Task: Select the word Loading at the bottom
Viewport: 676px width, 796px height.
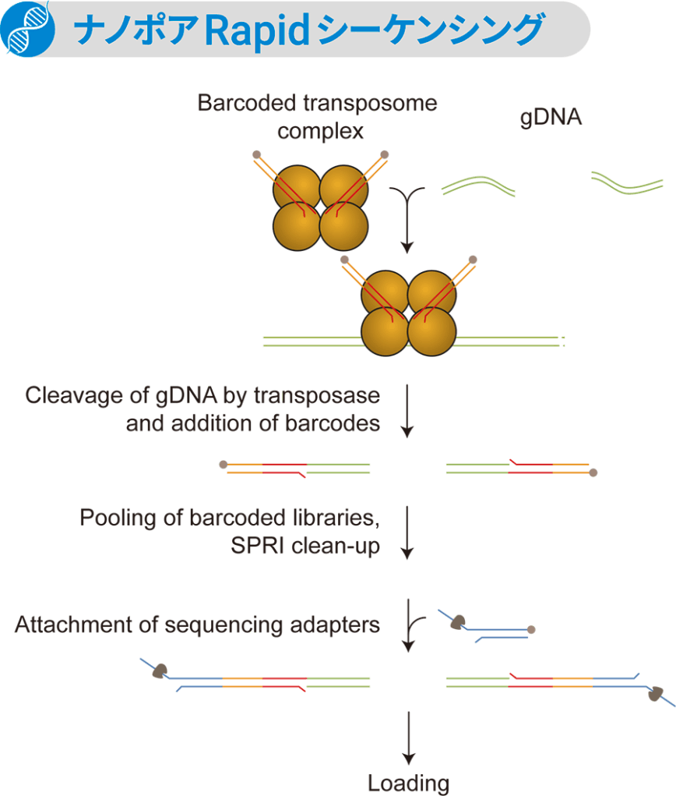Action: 408,783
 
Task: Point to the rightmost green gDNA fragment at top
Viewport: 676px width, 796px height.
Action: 626,182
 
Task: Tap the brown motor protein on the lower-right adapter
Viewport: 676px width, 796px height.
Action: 656,693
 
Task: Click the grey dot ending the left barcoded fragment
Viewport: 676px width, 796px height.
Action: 224,465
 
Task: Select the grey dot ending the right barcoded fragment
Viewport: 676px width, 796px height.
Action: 593,472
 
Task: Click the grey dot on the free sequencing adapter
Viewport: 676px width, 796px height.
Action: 531,628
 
